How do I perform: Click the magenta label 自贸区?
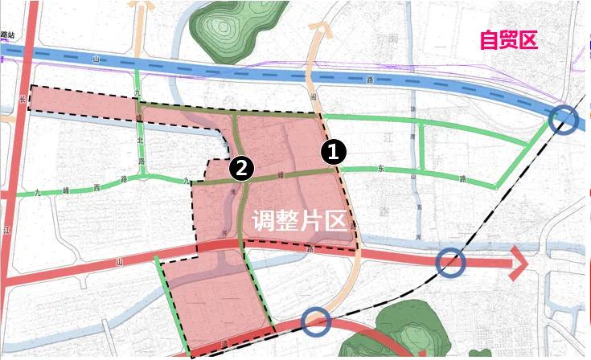(x=507, y=40)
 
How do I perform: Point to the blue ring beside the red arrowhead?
(x=451, y=261)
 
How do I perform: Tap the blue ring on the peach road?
(x=317, y=321)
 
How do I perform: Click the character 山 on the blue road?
(x=96, y=59)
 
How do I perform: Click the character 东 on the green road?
(x=380, y=170)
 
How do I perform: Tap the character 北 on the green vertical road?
(x=142, y=140)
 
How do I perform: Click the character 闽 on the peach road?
(x=314, y=96)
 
